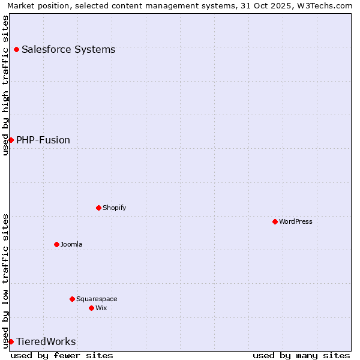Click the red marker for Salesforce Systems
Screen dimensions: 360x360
coord(16,49)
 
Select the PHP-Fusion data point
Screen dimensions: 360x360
coord(11,140)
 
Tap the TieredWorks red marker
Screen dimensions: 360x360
coord(11,341)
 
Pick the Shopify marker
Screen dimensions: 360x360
coord(98,208)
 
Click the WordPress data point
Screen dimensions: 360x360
coord(275,221)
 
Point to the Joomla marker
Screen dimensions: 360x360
coord(56,244)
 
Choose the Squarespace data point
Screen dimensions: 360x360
coord(72,299)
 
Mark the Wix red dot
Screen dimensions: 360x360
coord(91,308)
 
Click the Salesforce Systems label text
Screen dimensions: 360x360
coord(68,49)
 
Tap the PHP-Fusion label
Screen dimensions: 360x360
coord(43,140)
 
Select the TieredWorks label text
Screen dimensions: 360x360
coord(46,341)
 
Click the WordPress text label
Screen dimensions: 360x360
coord(296,221)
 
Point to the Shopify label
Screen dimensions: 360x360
coord(115,208)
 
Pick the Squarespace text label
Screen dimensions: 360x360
coord(97,299)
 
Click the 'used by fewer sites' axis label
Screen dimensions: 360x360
coord(62,355)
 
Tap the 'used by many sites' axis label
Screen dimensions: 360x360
coord(301,355)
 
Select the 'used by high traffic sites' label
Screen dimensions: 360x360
coord(5,85)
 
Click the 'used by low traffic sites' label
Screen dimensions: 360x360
coord(5,281)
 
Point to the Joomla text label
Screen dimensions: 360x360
coord(71,244)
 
